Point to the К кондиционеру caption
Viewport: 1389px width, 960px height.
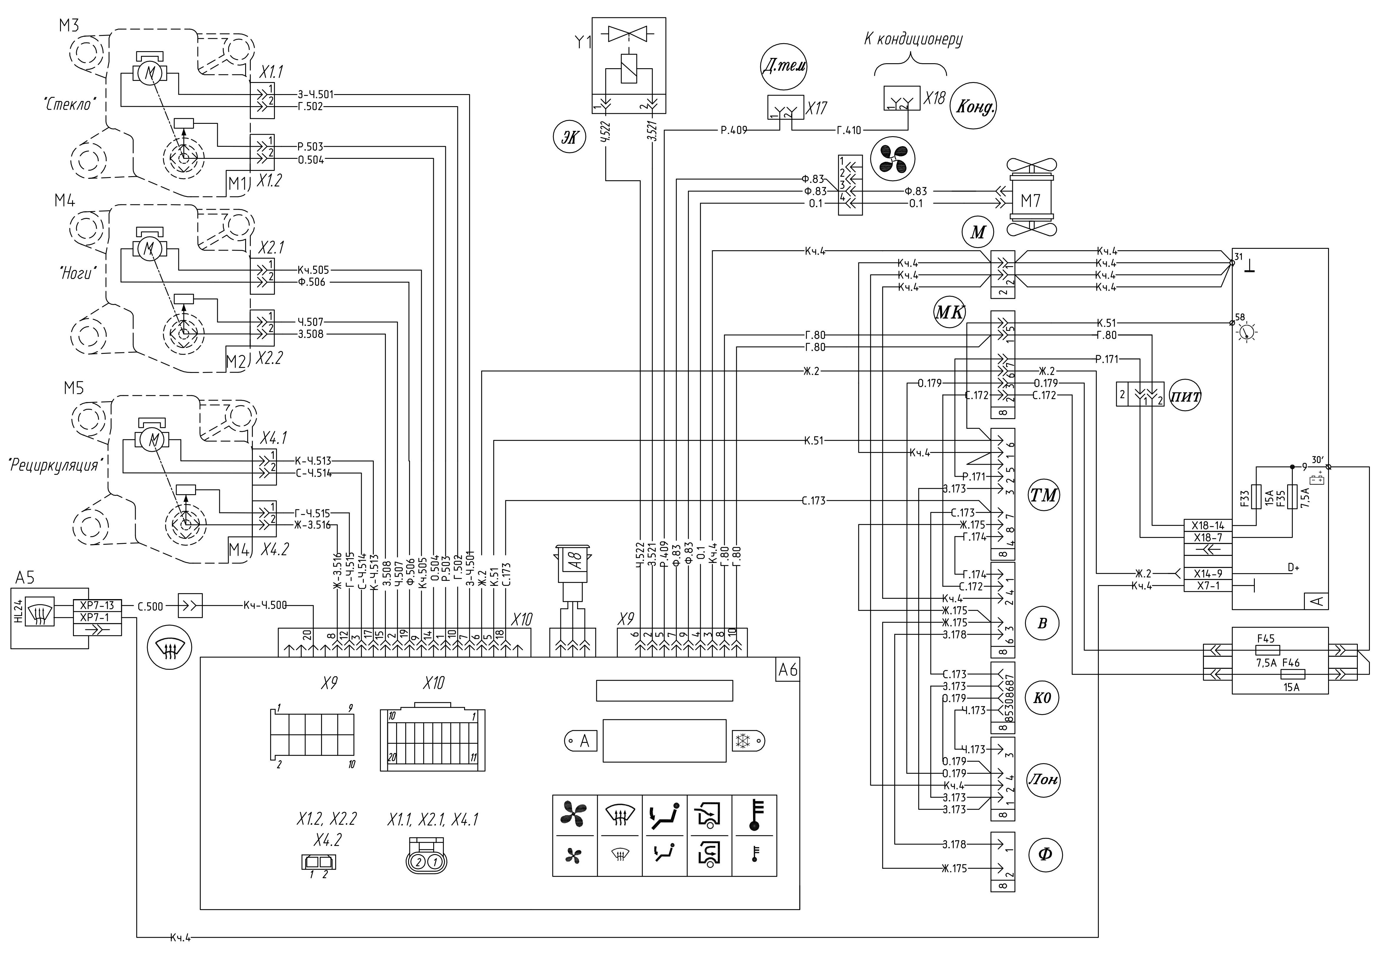click(913, 39)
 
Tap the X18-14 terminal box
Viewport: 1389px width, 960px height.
click(1208, 525)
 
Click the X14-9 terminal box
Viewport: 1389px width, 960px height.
click(1208, 573)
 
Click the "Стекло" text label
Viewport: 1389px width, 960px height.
click(69, 104)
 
